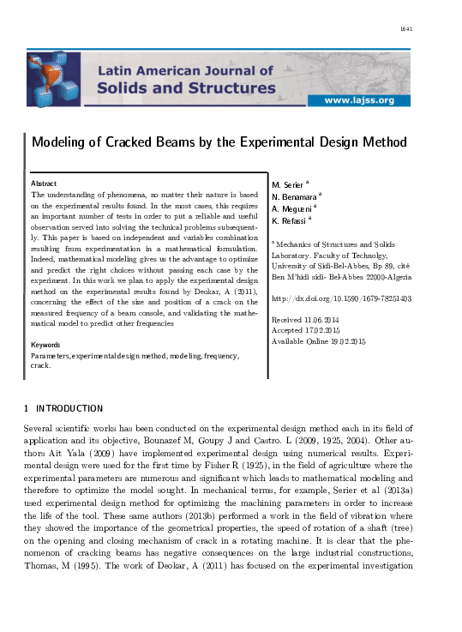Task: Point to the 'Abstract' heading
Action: pyautogui.click(x=44, y=184)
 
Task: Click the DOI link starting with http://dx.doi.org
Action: pyautogui.click(x=341, y=299)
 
